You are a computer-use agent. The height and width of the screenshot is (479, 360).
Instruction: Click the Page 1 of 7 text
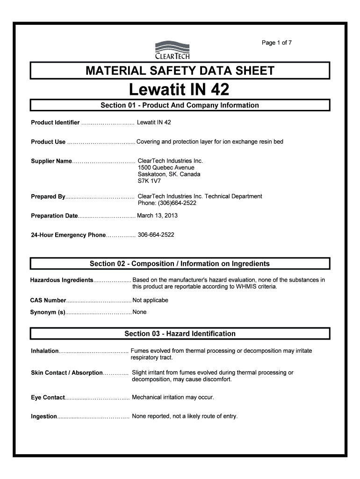point(277,43)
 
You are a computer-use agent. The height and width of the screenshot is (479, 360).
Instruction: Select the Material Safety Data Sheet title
point(180,71)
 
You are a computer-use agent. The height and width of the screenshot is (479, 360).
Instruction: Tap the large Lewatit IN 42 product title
point(180,89)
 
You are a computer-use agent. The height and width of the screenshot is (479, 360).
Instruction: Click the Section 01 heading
point(180,105)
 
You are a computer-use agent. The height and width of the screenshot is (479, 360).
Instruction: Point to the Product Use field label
point(48,142)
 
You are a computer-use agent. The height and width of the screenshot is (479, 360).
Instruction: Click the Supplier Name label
point(51,161)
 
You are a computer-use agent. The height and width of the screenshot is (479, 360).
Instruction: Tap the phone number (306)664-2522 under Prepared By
point(167,203)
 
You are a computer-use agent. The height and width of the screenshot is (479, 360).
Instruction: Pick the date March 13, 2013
point(157,216)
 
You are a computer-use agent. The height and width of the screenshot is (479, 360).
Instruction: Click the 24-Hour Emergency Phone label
point(68,235)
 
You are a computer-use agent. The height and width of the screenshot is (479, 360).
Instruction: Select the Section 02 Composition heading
point(180,264)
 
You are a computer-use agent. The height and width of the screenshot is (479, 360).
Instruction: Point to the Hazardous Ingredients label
point(62,280)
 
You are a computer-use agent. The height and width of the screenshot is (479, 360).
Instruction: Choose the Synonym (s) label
point(48,312)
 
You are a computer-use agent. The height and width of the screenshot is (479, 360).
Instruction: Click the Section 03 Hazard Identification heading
point(180,334)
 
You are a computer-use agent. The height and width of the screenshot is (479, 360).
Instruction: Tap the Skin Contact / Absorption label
point(66,373)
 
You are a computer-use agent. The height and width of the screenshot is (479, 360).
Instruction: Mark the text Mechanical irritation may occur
point(173,397)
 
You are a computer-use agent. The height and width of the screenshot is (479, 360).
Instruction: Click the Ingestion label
point(44,416)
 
